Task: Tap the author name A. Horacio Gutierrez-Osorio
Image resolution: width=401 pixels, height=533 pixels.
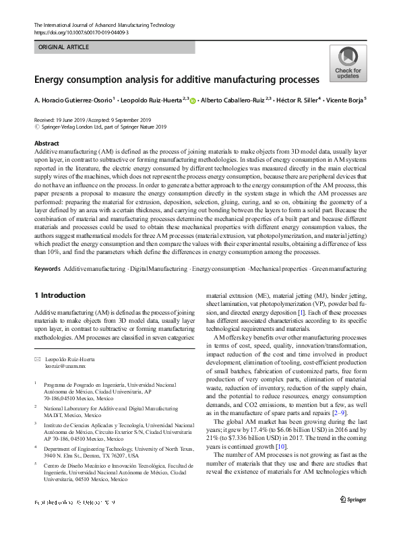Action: [x=74, y=100]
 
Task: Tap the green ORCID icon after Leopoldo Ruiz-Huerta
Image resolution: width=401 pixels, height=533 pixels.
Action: [x=193, y=100]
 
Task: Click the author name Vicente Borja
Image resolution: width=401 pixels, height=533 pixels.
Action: [x=346, y=100]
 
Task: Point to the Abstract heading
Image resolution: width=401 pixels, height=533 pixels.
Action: [x=47, y=144]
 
